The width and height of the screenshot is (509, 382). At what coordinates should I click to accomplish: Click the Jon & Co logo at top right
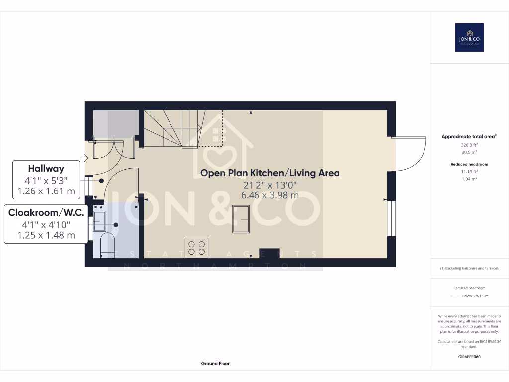[469, 37]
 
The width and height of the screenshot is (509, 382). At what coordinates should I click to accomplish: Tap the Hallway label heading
[46, 168]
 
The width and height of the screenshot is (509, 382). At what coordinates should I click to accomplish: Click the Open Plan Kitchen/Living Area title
[270, 173]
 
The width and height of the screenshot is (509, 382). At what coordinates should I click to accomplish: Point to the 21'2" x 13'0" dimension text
[270, 185]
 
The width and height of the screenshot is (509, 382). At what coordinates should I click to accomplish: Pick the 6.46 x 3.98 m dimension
[270, 195]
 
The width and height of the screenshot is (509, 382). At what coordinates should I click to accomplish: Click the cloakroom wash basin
[99, 220]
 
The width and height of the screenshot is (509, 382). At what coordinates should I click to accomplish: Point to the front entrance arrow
[83, 158]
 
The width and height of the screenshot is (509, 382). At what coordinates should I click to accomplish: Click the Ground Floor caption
[215, 364]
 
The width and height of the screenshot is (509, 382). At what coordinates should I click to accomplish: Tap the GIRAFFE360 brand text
[469, 357]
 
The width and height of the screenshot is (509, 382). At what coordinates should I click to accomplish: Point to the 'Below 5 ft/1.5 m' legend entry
[475, 296]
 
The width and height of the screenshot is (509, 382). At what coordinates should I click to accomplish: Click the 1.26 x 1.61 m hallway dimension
[46, 190]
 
